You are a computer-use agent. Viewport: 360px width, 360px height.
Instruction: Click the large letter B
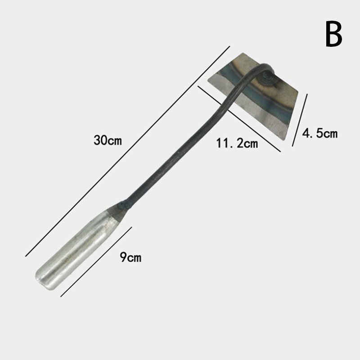coord(333,34)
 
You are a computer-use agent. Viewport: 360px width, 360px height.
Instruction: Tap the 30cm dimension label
coord(108,140)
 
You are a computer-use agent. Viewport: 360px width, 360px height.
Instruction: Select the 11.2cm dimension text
coord(237,143)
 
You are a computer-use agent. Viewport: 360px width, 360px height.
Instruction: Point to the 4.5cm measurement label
coord(320,133)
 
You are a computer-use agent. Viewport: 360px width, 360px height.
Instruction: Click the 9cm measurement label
coord(130,257)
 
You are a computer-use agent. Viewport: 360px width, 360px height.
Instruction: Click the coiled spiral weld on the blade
coord(267,78)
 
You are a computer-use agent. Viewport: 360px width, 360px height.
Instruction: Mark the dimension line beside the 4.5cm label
coord(300,120)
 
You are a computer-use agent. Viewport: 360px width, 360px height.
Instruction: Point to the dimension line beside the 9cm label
coord(96,262)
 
